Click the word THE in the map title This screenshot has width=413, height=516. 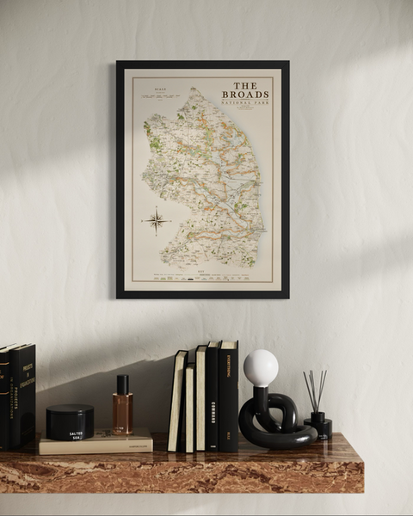pyautogui.click(x=245, y=85)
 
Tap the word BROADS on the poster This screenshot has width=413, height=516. pyautogui.click(x=245, y=95)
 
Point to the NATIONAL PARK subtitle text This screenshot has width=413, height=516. pyautogui.click(x=246, y=102)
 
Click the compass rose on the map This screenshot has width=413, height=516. pyautogui.click(x=156, y=220)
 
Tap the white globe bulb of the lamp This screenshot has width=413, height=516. pyautogui.click(x=261, y=368)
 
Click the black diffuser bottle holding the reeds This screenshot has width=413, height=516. pyautogui.click(x=318, y=425)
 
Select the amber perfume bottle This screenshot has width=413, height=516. pyautogui.click(x=122, y=414)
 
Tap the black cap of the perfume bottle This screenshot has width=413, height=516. pyautogui.click(x=122, y=384)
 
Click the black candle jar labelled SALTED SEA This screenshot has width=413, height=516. pyautogui.click(x=70, y=422)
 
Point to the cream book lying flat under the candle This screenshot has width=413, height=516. pyautogui.click(x=95, y=444)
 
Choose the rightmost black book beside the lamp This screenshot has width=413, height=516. pyautogui.click(x=228, y=397)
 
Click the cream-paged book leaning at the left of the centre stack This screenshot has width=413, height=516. pyautogui.click(x=177, y=402)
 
